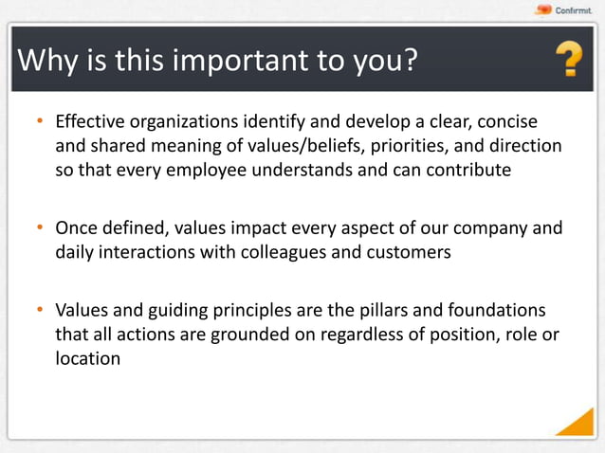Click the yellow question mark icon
pos(568,61)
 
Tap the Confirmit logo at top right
pos(563,10)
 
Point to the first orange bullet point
pos(41,122)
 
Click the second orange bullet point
pos(41,228)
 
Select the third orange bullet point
pos(41,311)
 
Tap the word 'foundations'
pos(499,311)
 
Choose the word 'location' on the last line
pos(87,360)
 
